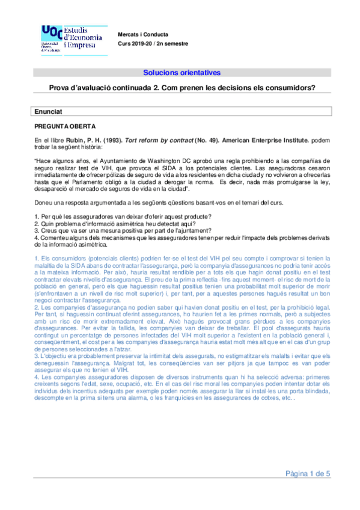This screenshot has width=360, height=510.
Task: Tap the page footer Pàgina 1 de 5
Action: (308, 474)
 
